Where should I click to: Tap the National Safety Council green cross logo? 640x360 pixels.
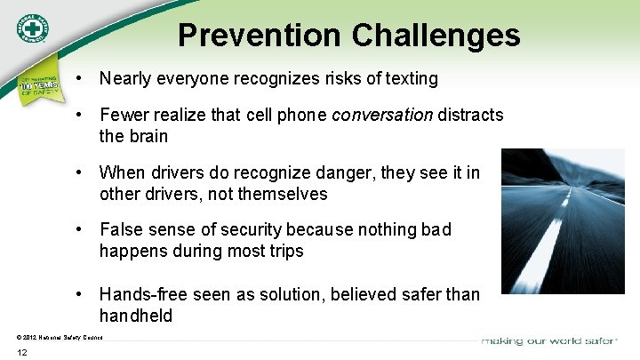(32, 30)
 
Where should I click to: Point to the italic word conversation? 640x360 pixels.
(382, 116)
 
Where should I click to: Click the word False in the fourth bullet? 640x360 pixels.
(122, 229)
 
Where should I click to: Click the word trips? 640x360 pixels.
(284, 251)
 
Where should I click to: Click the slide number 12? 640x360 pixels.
(22, 353)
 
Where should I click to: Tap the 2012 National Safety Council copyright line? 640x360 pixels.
(60, 337)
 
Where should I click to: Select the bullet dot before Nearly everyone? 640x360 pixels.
(80, 79)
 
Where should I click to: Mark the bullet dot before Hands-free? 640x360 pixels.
(80, 293)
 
